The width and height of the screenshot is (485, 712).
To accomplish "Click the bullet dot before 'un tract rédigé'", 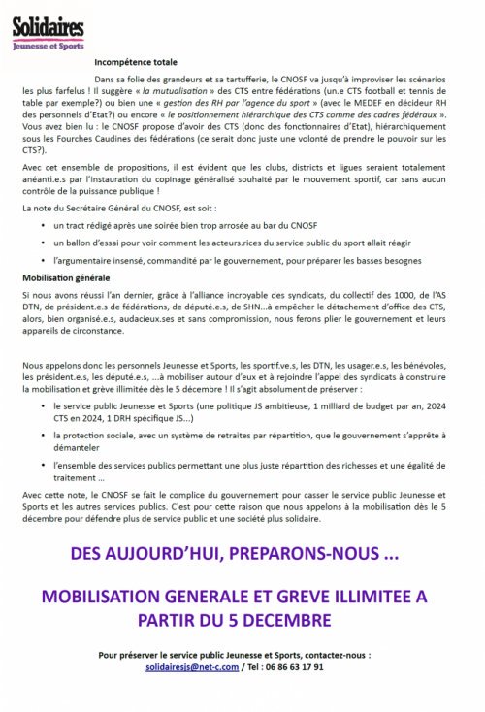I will [46, 224].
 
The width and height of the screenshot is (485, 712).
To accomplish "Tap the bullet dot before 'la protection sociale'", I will [46, 437].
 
